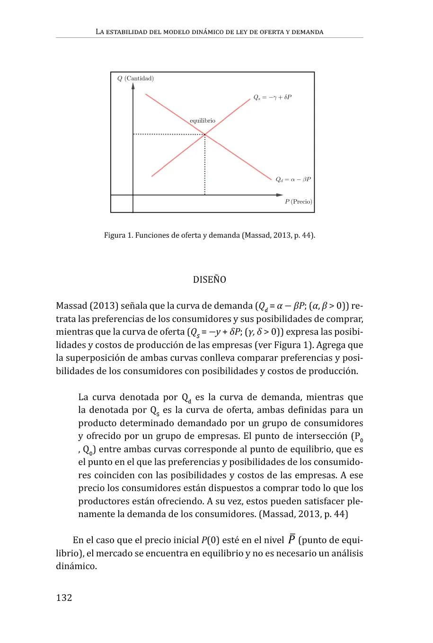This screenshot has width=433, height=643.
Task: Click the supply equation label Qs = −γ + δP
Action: pos(272,97)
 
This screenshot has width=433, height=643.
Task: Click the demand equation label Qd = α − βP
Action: pos(293,179)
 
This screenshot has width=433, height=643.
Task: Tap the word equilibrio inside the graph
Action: pos(203,121)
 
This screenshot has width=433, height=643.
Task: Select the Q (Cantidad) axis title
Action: pos(136,79)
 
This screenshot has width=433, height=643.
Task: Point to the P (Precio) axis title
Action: pos(299,202)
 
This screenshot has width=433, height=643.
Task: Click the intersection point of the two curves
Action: pos(205,135)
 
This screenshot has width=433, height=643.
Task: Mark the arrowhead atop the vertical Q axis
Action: pos(133,86)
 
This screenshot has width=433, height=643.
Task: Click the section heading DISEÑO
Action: pos(210,279)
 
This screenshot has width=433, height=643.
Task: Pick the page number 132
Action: pos(64,598)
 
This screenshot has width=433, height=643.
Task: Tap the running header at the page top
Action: pos(210,32)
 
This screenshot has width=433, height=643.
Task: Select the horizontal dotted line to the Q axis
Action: pos(168,134)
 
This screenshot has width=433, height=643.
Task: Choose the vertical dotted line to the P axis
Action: pos(205,166)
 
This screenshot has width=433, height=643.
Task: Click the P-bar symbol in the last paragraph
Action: pos(292,539)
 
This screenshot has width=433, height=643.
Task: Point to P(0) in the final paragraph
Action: pos(210,540)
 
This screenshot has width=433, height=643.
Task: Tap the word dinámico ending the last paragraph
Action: pos(76,566)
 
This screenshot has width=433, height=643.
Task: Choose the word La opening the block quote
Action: pos(83,397)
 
